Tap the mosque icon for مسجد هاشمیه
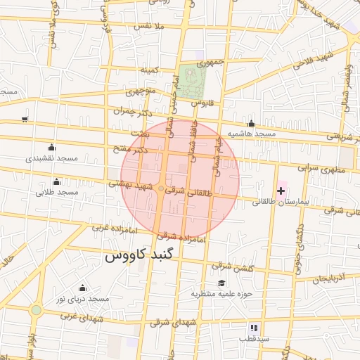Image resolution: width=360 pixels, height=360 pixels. (x=251, y=124)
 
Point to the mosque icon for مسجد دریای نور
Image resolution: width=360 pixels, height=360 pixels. (x=82, y=288)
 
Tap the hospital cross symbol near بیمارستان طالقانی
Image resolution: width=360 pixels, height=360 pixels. (x=281, y=191)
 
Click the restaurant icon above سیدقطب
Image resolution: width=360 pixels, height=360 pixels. (x=254, y=328)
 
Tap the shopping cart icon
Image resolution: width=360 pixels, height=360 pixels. (x=25, y=120)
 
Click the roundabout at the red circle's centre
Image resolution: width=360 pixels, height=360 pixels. (x=162, y=189)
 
